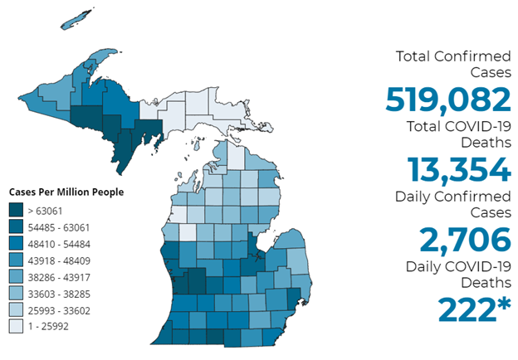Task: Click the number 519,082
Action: pyautogui.click(x=447, y=100)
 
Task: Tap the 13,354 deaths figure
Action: pyautogui.click(x=459, y=169)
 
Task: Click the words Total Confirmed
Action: pyautogui.click(x=452, y=56)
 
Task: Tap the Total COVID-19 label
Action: pyautogui.click(x=459, y=126)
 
